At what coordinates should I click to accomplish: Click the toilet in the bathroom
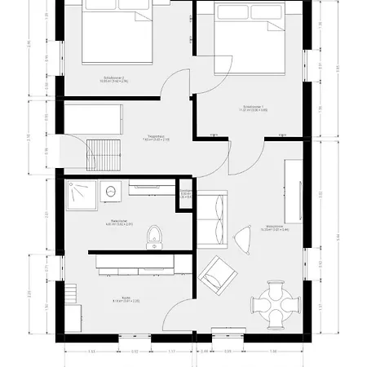pos(153,237)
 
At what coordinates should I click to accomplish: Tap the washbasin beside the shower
pos(111,189)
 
